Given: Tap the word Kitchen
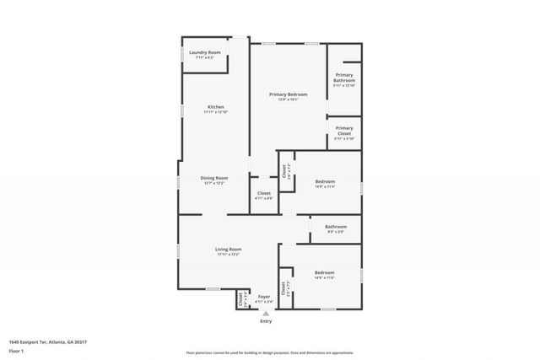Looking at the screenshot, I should [x=216, y=106].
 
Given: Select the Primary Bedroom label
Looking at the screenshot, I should [x=288, y=94].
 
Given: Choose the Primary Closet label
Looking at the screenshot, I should [x=344, y=131].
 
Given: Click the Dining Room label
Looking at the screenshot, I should [x=214, y=177].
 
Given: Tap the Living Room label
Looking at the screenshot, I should [x=228, y=249].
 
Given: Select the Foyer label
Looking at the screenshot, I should [x=264, y=296].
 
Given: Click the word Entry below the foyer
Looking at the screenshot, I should [x=266, y=321].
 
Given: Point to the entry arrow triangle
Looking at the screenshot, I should [x=266, y=314].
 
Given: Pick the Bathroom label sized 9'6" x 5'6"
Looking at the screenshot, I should [x=336, y=226].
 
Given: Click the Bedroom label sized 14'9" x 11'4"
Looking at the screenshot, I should [x=325, y=181].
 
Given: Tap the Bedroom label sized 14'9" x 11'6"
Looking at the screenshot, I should [x=325, y=271].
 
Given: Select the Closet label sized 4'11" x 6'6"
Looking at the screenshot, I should [x=264, y=193].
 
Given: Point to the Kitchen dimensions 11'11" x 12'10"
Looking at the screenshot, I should [x=216, y=111].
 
